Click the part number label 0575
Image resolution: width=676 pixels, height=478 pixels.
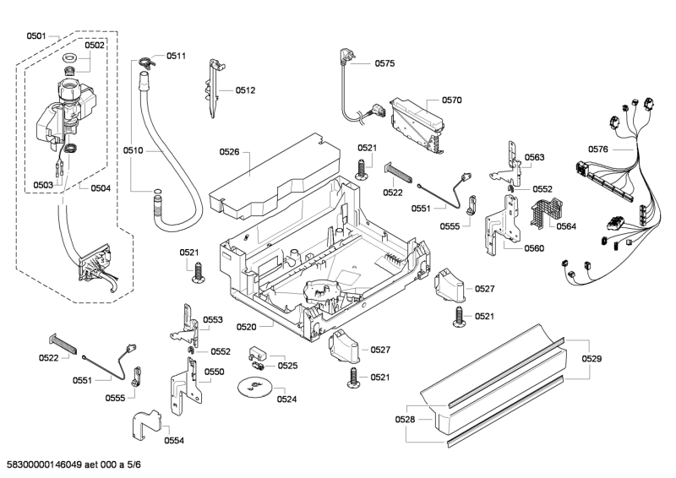pyautogui.click(x=384, y=63)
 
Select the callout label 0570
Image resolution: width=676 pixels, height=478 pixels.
pyautogui.click(x=451, y=100)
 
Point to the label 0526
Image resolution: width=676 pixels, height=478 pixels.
pyautogui.click(x=229, y=152)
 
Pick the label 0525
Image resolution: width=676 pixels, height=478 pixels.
pyautogui.click(x=287, y=366)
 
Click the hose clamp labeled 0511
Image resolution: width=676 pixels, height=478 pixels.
pyautogui.click(x=150, y=60)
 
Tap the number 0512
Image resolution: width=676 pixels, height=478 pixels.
pyautogui.click(x=245, y=90)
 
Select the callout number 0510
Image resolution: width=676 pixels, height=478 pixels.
pyautogui.click(x=132, y=151)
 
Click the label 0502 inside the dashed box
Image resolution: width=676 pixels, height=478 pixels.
pyautogui.click(x=95, y=46)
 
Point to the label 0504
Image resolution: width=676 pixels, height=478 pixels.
pyautogui.click(x=100, y=187)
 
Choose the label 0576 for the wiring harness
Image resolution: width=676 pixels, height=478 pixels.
pyautogui.click(x=598, y=150)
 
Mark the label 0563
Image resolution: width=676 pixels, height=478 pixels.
pyautogui.click(x=534, y=158)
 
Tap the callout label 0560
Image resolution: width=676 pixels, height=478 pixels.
pyautogui.click(x=534, y=248)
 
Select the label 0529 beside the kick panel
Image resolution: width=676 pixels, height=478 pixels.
pyautogui.click(x=591, y=360)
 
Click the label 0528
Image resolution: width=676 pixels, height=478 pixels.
pyautogui.click(x=406, y=419)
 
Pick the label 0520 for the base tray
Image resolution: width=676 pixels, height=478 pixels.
pyautogui.click(x=247, y=326)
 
